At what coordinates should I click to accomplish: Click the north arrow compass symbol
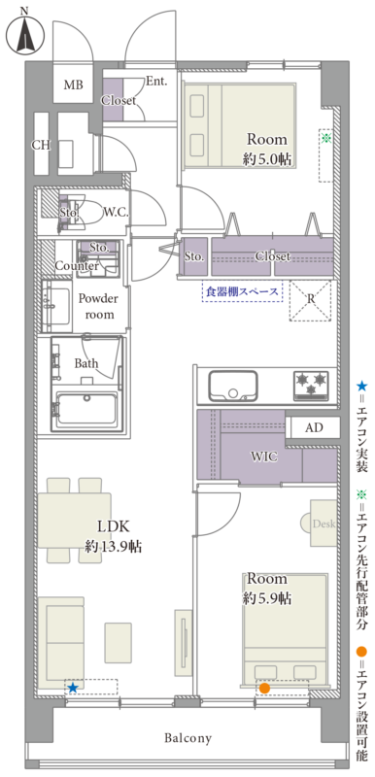point(24,34)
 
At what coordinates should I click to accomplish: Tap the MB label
point(73,84)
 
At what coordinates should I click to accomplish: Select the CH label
point(41,145)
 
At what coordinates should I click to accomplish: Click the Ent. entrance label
point(156,82)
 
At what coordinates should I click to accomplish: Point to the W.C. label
point(116,213)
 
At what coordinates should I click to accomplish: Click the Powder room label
point(99,306)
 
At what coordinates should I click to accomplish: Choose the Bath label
point(86,363)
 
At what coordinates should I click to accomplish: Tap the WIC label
point(263,456)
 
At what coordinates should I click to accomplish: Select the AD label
point(314,428)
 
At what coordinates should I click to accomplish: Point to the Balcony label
point(188,738)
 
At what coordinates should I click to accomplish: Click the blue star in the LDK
point(73,688)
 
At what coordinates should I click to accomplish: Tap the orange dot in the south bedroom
point(264,688)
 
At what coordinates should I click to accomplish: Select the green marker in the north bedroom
point(326,138)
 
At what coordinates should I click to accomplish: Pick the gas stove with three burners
point(311,385)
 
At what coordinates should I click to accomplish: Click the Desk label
point(324,524)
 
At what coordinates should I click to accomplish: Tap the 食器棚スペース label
point(242,292)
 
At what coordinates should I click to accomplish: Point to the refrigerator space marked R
point(310,300)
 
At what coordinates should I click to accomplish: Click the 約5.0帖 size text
point(266,159)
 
